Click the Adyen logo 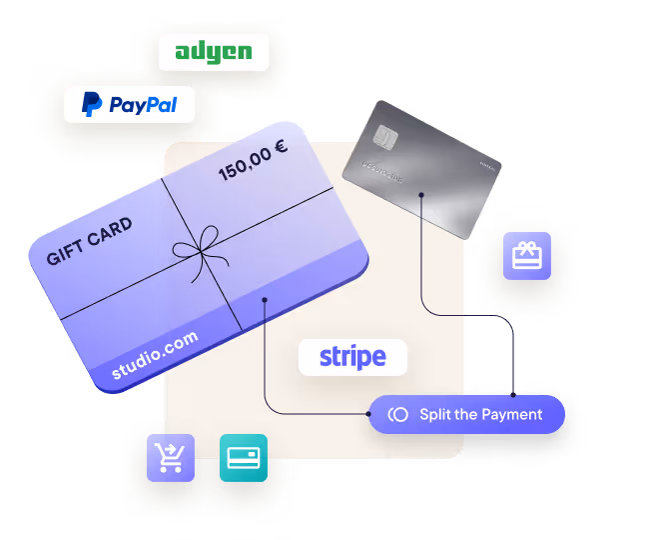coord(214,53)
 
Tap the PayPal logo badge coord(129,104)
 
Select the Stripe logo coord(352,356)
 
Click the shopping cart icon coord(171,458)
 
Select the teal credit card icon coord(244,458)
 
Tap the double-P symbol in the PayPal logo coord(92,104)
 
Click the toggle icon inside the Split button coord(397,414)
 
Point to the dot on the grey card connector coord(421,195)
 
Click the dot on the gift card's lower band coord(265,299)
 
